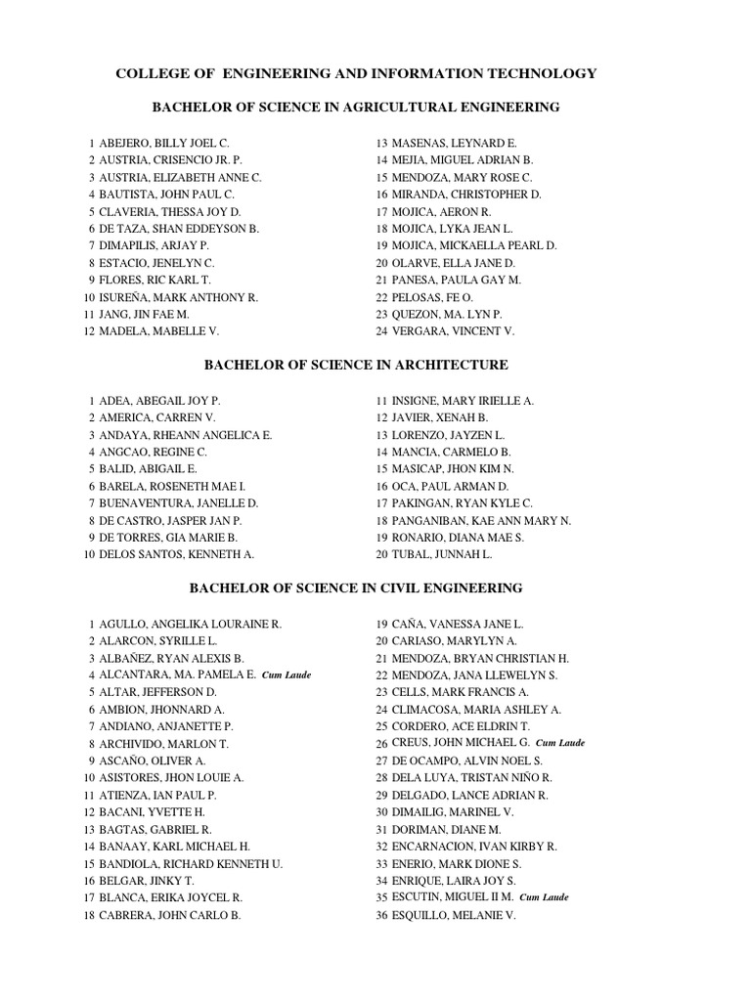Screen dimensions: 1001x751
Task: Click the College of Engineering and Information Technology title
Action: (x=356, y=73)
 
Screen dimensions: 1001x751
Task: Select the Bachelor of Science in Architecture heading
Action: (x=356, y=365)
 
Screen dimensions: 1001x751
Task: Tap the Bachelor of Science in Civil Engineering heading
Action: (x=356, y=588)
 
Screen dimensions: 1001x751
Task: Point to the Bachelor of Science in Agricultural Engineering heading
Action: (x=356, y=107)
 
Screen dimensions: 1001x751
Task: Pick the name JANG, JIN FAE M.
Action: (x=144, y=314)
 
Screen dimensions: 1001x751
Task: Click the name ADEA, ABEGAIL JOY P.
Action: (x=159, y=401)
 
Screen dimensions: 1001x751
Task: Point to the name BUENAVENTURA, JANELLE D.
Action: (x=178, y=503)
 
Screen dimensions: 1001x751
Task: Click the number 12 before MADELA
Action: (x=88, y=331)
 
